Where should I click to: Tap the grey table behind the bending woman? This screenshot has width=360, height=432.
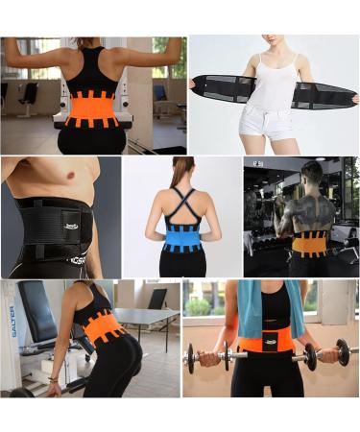tap(144, 317)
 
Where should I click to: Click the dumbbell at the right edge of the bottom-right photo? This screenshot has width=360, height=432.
tap(336, 356)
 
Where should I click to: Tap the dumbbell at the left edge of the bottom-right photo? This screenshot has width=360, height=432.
tap(205, 359)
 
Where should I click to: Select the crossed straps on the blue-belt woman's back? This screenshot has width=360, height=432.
tap(180, 202)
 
